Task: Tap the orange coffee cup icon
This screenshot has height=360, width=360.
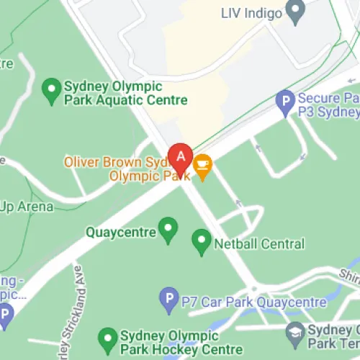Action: pyautogui.click(x=202, y=165)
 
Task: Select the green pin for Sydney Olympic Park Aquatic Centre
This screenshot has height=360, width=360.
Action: pyautogui.click(x=51, y=90)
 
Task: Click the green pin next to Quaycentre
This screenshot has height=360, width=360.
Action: pyautogui.click(x=168, y=230)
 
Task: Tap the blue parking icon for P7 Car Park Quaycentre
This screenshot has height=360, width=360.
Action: pyautogui.click(x=168, y=298)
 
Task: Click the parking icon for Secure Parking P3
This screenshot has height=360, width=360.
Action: pyautogui.click(x=286, y=102)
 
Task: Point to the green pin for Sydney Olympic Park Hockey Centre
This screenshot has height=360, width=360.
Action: pyautogui.click(x=107, y=338)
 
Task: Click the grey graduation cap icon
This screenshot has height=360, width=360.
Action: pyautogui.click(x=294, y=333)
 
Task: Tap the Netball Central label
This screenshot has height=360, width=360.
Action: pyautogui.click(x=259, y=245)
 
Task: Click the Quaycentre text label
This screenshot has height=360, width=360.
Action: pyautogui.click(x=121, y=233)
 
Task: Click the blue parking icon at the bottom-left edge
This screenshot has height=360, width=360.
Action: pyautogui.click(x=5, y=315)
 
